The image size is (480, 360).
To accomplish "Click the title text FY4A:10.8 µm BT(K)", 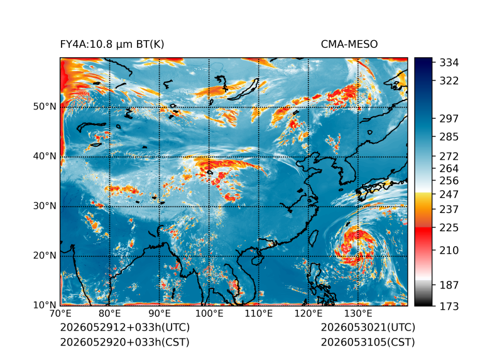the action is tap(112, 45).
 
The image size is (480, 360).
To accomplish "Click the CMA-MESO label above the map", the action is tap(349, 45).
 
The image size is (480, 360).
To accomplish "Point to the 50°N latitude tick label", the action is tap(45, 107).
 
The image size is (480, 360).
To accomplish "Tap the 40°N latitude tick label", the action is tap(45, 156).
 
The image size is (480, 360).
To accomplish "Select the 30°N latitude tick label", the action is tap(45, 206).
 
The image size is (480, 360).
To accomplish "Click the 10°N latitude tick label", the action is tap(45, 305).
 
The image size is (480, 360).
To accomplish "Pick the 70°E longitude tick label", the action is tap(60, 314).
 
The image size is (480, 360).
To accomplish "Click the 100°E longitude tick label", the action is tap(209, 314).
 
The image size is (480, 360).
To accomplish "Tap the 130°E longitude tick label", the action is tap(358, 314).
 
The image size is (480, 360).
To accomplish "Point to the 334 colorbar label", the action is tap(449, 63).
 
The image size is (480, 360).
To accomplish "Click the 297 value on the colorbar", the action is tap(449, 119).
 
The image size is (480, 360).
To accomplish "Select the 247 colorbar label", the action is tap(449, 194).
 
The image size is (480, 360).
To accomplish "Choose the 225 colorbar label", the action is tap(449, 228).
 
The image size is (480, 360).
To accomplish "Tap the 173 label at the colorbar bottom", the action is tap(449, 306).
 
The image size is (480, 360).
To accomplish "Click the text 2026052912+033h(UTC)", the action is tap(125, 327).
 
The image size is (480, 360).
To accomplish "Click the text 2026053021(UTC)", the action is tap(368, 327).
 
